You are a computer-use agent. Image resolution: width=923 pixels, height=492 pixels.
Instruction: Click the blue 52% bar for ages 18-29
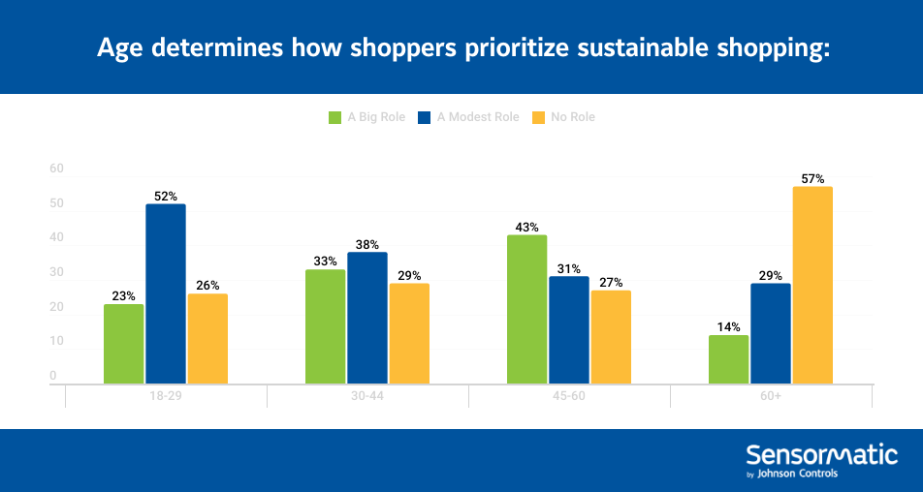coord(165,293)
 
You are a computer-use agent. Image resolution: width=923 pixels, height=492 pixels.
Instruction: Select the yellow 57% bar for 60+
coord(812,285)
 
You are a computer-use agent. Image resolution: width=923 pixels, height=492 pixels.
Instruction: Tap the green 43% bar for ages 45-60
coord(526,309)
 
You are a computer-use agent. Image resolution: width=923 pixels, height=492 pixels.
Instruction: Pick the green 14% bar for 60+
coord(728,359)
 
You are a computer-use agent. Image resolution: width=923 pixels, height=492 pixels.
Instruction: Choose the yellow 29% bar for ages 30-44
coord(408,333)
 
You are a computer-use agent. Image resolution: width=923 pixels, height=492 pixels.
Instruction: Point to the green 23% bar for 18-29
coord(123,344)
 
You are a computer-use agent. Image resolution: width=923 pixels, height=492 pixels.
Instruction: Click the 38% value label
coord(366,245)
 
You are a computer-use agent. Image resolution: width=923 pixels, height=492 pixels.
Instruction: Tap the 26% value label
coord(207,286)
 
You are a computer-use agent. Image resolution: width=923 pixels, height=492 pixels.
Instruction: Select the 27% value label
coord(610,283)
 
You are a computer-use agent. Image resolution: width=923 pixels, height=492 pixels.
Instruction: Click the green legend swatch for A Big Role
coord(335,118)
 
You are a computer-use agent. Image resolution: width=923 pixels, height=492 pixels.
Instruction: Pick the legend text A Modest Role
coord(478,117)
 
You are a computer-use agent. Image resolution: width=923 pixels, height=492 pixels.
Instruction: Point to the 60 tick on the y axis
coord(56,169)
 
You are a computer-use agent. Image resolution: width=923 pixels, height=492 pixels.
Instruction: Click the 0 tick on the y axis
coord(53,376)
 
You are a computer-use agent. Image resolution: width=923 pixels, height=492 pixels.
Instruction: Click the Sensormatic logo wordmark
coord(821,455)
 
